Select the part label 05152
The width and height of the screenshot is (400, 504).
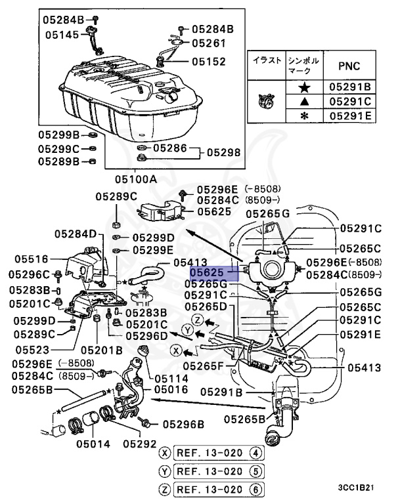(x=208, y=62)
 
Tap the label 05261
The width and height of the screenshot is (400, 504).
(x=208, y=43)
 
